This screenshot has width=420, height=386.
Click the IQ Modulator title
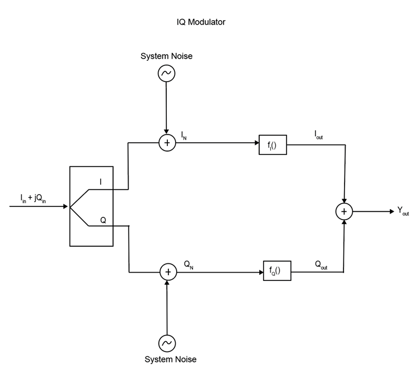[x=201, y=22]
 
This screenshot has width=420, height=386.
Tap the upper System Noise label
[x=166, y=56]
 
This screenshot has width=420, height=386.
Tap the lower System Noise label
[x=170, y=359]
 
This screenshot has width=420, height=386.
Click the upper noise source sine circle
[x=166, y=73]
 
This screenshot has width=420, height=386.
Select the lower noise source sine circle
[x=167, y=343]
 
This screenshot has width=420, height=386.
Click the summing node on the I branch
[x=167, y=143]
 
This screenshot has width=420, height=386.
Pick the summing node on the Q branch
[x=168, y=272]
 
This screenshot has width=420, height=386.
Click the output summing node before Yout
[x=344, y=211]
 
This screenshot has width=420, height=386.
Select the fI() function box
[x=272, y=146]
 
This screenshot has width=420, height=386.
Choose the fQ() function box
[x=277, y=271]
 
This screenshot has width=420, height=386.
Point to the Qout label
[x=321, y=264]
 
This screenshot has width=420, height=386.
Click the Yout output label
[x=402, y=211]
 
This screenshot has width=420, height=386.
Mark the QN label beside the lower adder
[x=189, y=264]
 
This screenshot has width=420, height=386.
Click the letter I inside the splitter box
[x=100, y=182]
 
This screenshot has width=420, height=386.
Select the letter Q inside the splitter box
[x=102, y=220]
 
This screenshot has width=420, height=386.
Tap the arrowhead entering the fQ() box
[x=260, y=272]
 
